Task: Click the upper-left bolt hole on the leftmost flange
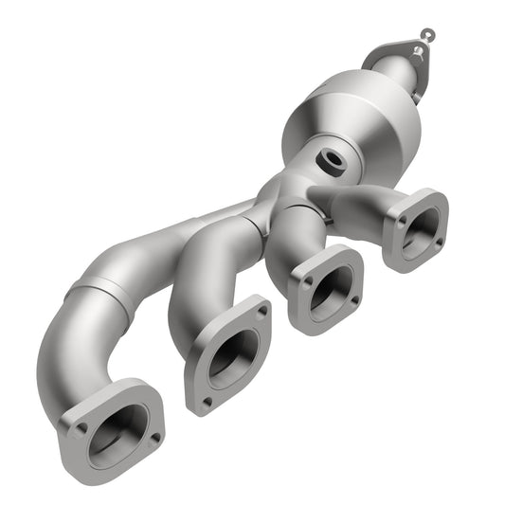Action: point(81,428)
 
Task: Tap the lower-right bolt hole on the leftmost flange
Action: point(154,437)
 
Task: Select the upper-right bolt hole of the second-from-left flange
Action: point(262,310)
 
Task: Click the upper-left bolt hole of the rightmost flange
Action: point(399,219)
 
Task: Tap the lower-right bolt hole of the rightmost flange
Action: point(439,242)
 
